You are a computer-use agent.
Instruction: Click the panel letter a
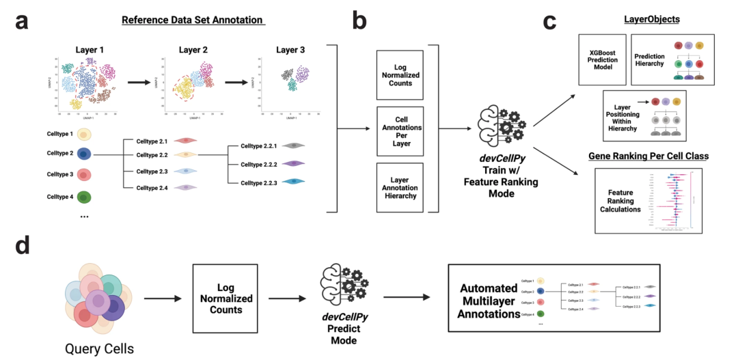click(x=23, y=23)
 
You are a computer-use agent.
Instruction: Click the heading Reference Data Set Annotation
click(x=192, y=20)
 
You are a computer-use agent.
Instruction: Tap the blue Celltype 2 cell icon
click(x=84, y=154)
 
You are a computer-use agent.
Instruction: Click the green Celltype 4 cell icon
click(x=84, y=197)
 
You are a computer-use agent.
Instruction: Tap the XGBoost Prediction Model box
click(x=602, y=60)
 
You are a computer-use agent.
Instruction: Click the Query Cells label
click(x=100, y=348)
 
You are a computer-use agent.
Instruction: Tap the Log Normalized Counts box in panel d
click(x=225, y=299)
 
